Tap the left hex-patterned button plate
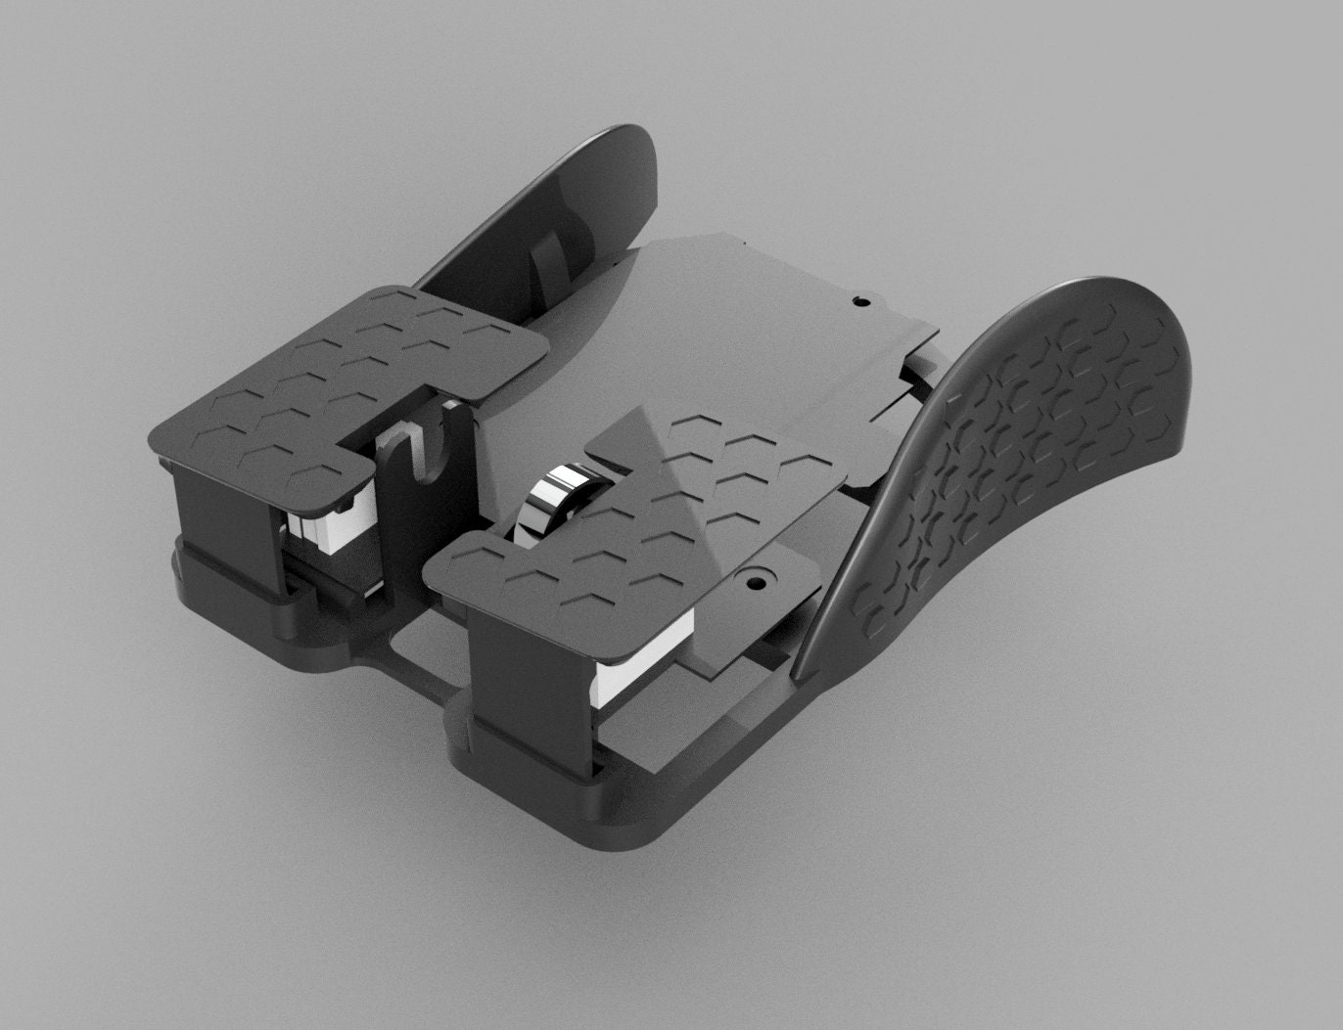coord(343,381)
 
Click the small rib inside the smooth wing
coord(548,269)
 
